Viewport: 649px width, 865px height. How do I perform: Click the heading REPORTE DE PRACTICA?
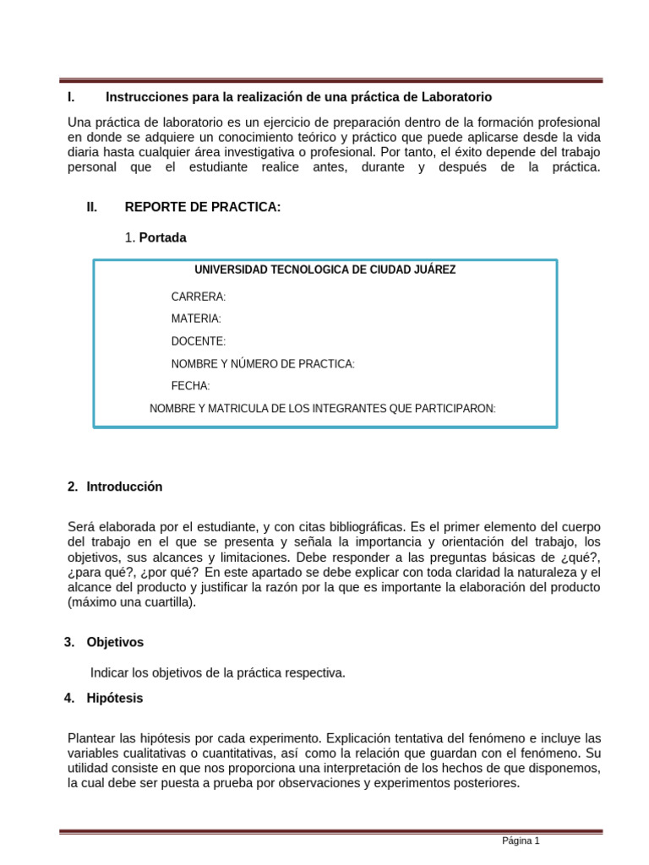coord(202,208)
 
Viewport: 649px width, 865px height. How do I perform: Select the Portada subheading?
coord(162,238)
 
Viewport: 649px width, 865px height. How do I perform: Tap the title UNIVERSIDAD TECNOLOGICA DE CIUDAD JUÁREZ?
coord(324,270)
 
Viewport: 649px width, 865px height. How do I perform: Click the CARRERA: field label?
coord(199,297)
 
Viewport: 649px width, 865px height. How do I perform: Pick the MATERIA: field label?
coord(196,319)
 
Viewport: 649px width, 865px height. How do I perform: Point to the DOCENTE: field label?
coord(199,341)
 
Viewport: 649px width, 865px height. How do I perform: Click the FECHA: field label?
coord(190,386)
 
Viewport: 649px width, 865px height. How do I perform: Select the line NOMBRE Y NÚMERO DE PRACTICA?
coord(263,364)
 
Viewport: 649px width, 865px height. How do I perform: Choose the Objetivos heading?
coord(115,643)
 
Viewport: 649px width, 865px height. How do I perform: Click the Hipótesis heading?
coord(114,699)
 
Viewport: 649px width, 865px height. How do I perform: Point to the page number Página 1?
coord(521,841)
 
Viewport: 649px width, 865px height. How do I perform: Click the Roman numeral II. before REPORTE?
coord(92,208)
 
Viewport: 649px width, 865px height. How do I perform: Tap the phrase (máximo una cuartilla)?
coord(131,603)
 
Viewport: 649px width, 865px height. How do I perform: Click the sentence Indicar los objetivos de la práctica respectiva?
coord(217,673)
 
